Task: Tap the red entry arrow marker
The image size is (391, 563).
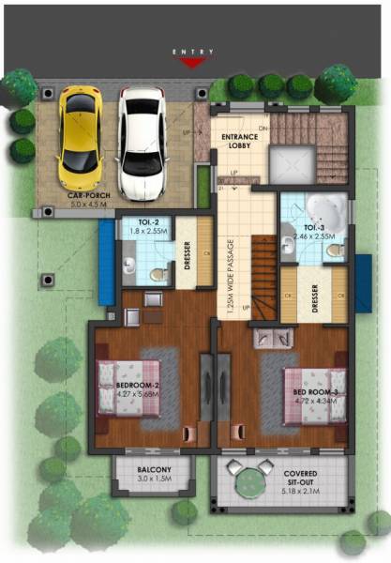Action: coord(192,63)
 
